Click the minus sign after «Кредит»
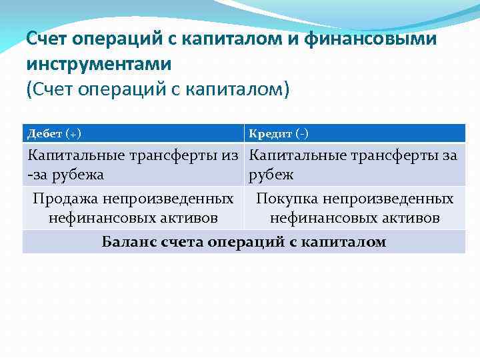tap(303, 134)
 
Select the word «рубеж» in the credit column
tap(271, 175)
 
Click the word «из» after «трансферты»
tap(231, 156)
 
